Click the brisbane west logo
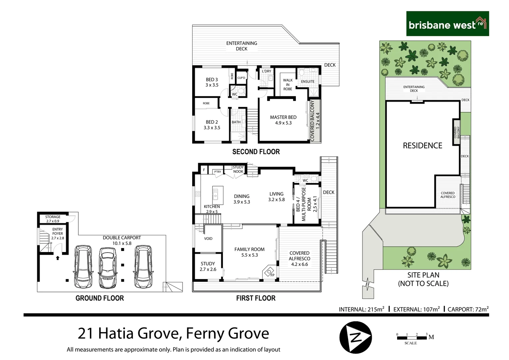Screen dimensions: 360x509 point(447,24)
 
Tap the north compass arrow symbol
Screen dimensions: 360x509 point(355,337)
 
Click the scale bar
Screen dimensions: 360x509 point(412,338)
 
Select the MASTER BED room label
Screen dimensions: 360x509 point(283,120)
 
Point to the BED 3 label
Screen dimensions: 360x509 point(212,82)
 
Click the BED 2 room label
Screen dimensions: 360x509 point(212,125)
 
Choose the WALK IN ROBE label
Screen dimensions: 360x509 point(287,85)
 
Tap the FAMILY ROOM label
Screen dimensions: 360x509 point(249,252)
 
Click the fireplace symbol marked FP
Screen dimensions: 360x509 point(269,272)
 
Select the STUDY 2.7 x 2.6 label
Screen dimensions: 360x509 point(208,266)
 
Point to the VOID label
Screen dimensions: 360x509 point(208,239)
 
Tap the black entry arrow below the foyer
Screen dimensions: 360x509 point(58,258)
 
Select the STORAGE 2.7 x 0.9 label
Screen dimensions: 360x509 point(53,219)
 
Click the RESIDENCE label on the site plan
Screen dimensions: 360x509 point(422,146)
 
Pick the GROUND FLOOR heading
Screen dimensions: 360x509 point(100,298)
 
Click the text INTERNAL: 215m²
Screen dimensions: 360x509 point(361,309)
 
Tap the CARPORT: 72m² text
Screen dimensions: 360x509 point(468,309)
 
